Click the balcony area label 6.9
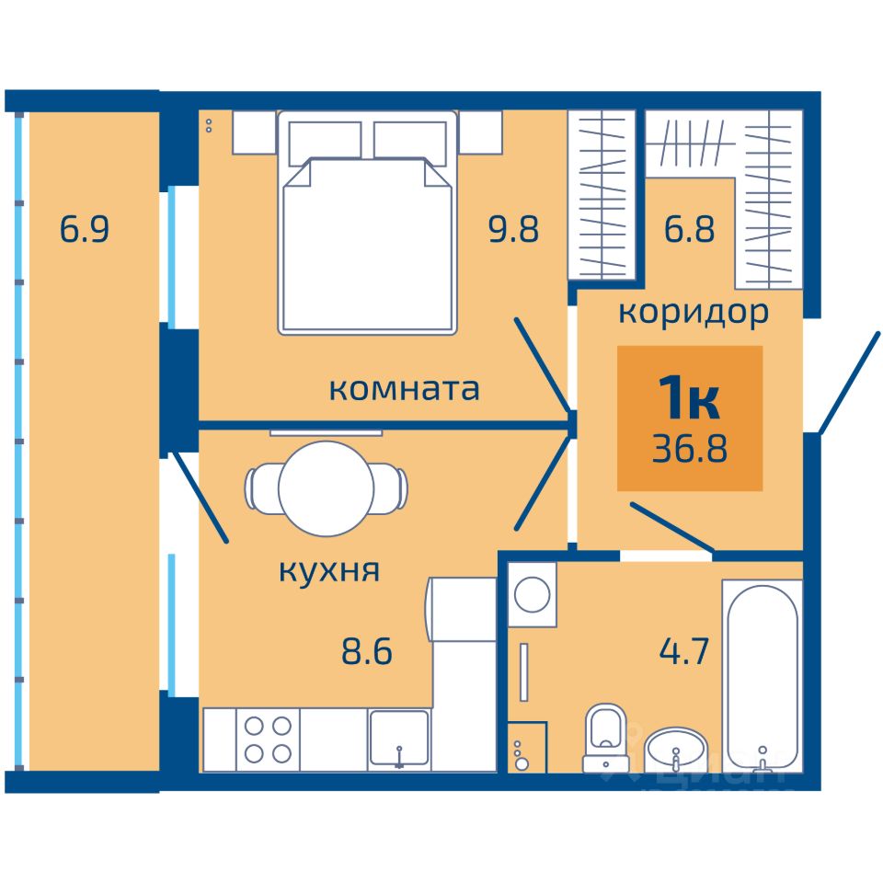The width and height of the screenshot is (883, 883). pyautogui.click(x=84, y=229)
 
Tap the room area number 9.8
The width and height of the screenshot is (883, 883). pyautogui.click(x=513, y=229)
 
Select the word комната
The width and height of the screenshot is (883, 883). pyautogui.click(x=404, y=388)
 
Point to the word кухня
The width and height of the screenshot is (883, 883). pyautogui.click(x=329, y=570)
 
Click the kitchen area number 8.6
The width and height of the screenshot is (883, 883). pyautogui.click(x=367, y=651)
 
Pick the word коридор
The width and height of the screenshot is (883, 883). pyautogui.click(x=694, y=313)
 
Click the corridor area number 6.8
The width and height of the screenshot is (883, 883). pyautogui.click(x=689, y=229)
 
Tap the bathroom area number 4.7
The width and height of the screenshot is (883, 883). pyautogui.click(x=683, y=651)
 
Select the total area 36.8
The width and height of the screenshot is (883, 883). pyautogui.click(x=690, y=449)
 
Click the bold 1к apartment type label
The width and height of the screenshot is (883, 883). pyautogui.click(x=689, y=397)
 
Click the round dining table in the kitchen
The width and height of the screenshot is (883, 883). pyautogui.click(x=326, y=488)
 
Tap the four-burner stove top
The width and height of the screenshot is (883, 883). pyautogui.click(x=268, y=740)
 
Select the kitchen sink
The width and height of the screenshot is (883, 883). pyautogui.click(x=398, y=739)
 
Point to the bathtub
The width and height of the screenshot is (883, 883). pyautogui.click(x=763, y=676)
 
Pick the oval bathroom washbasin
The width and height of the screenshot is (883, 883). pyautogui.click(x=675, y=750)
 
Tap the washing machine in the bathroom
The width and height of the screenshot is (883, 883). pyautogui.click(x=533, y=595)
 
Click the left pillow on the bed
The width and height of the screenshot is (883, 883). pyautogui.click(x=325, y=143)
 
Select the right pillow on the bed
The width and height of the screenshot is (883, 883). pyautogui.click(x=410, y=143)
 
